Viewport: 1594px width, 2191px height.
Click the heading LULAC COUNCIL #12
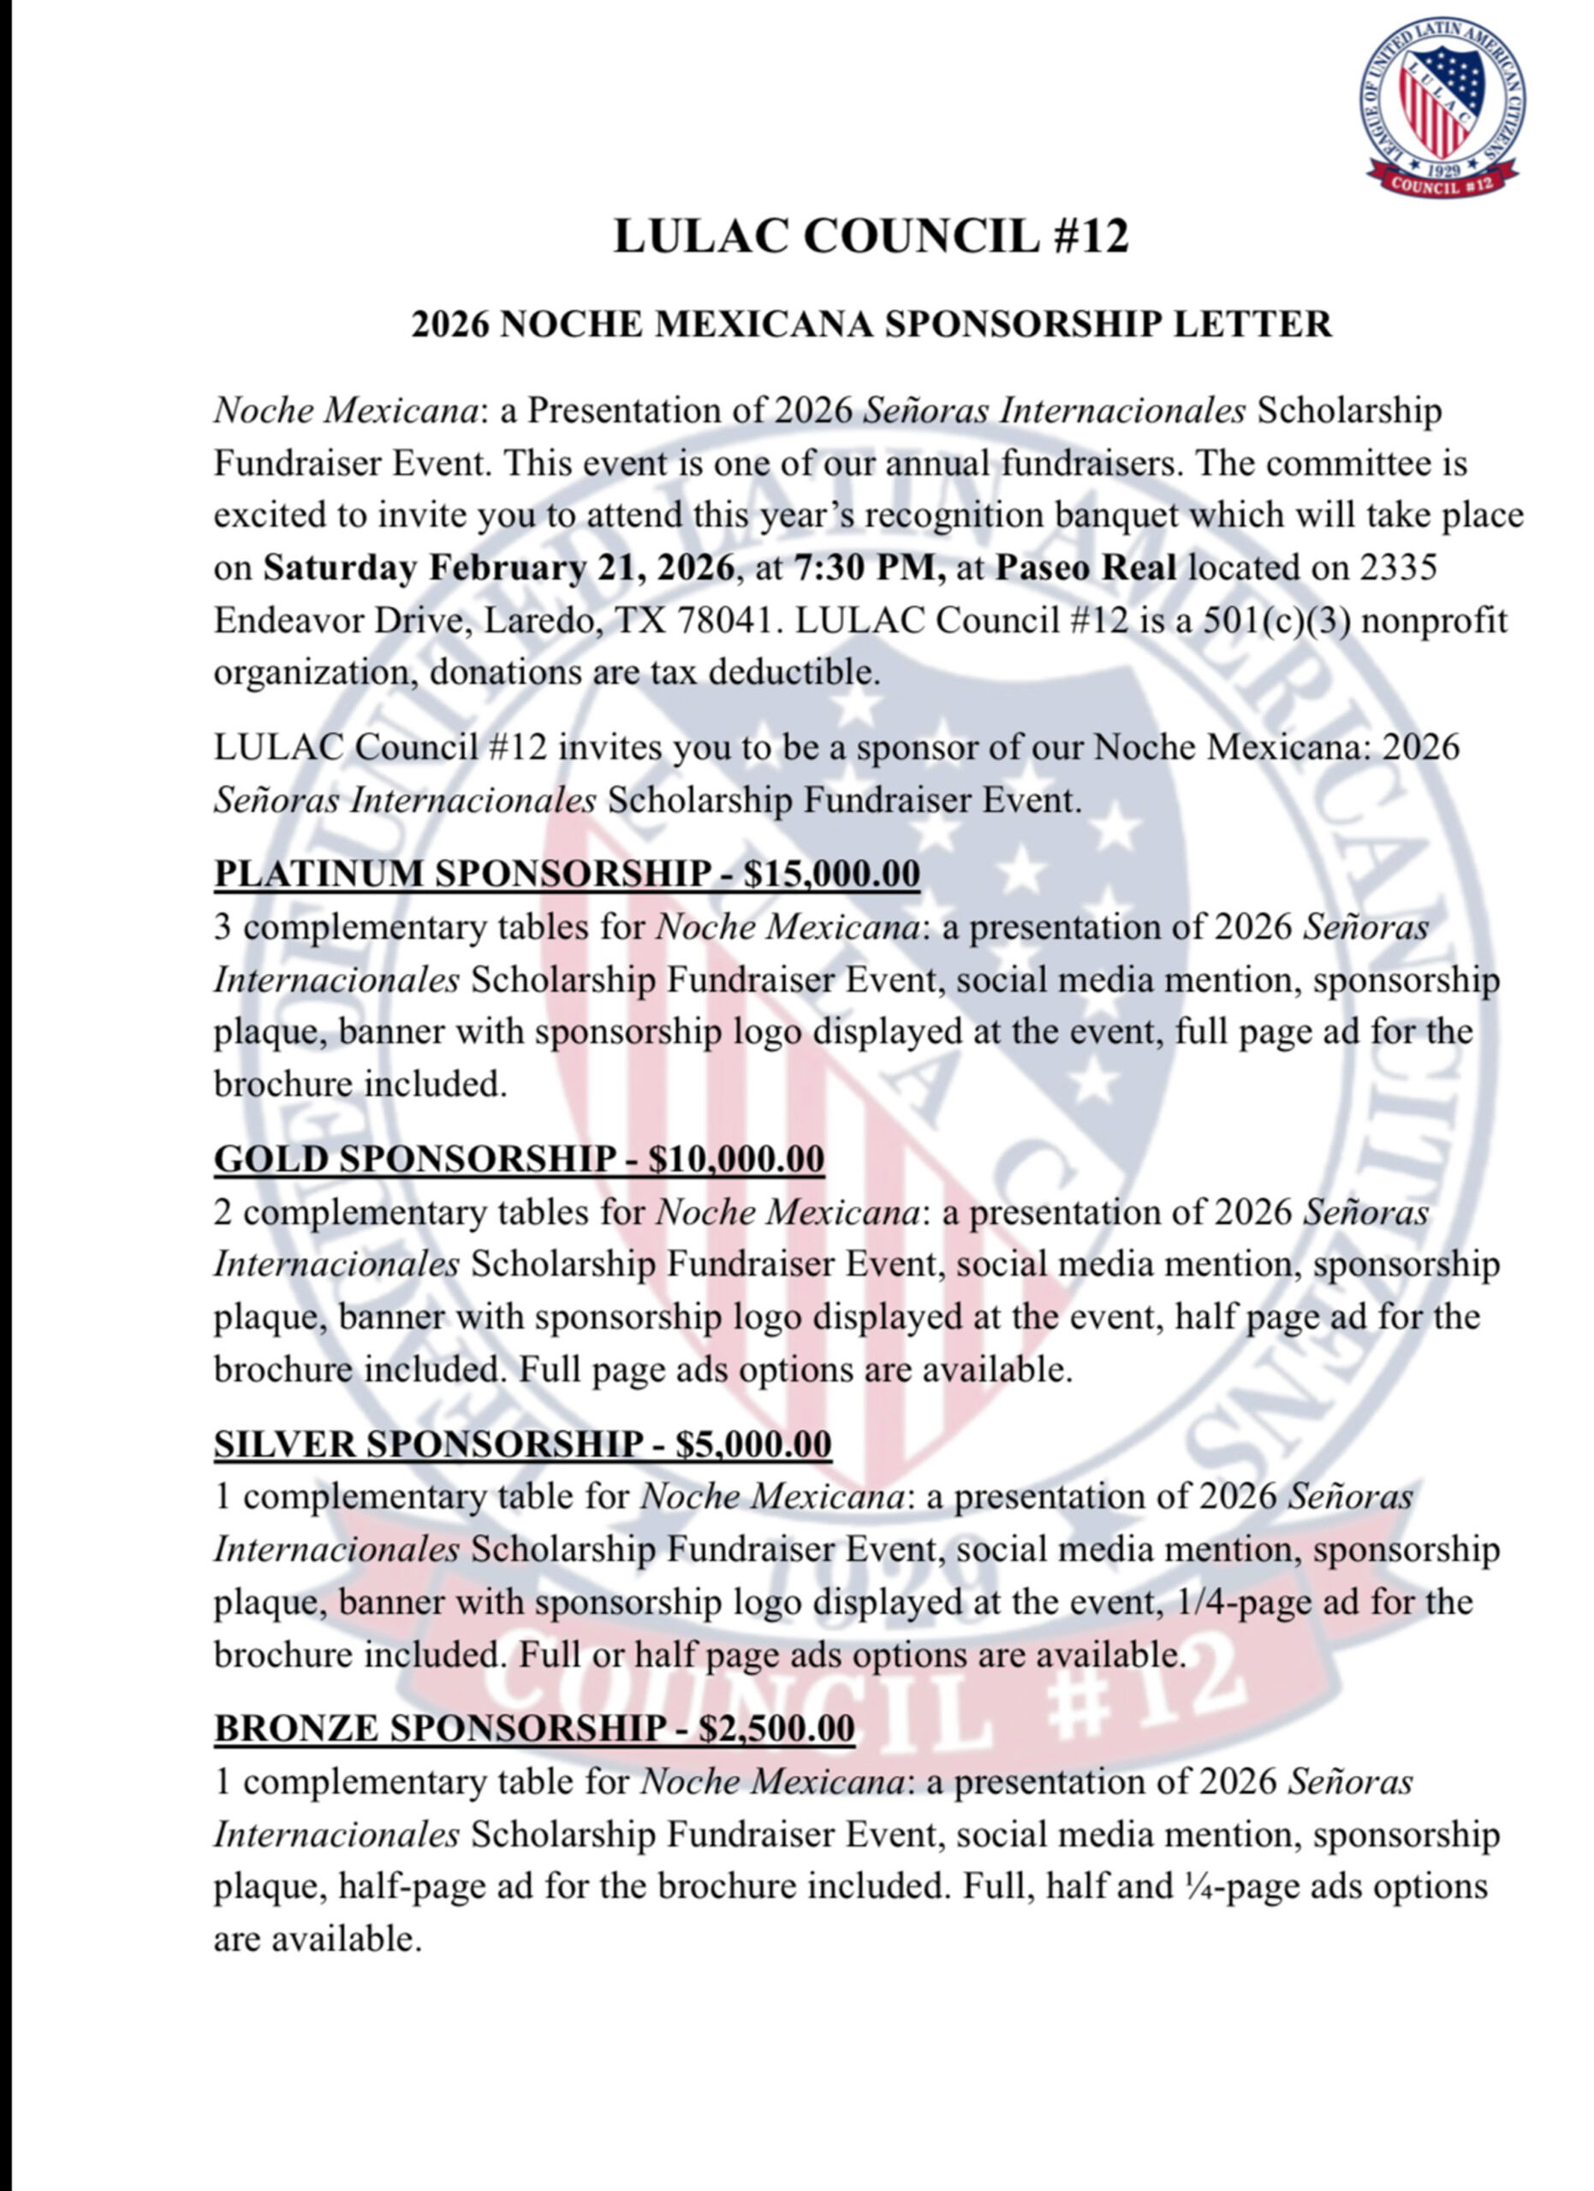tap(871, 237)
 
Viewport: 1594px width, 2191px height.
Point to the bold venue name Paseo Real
tap(1085, 568)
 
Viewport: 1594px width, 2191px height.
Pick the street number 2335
tap(1398, 568)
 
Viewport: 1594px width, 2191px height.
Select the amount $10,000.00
tap(736, 1158)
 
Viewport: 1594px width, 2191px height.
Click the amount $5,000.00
tap(753, 1444)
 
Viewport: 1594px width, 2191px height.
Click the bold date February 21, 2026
tap(581, 568)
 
